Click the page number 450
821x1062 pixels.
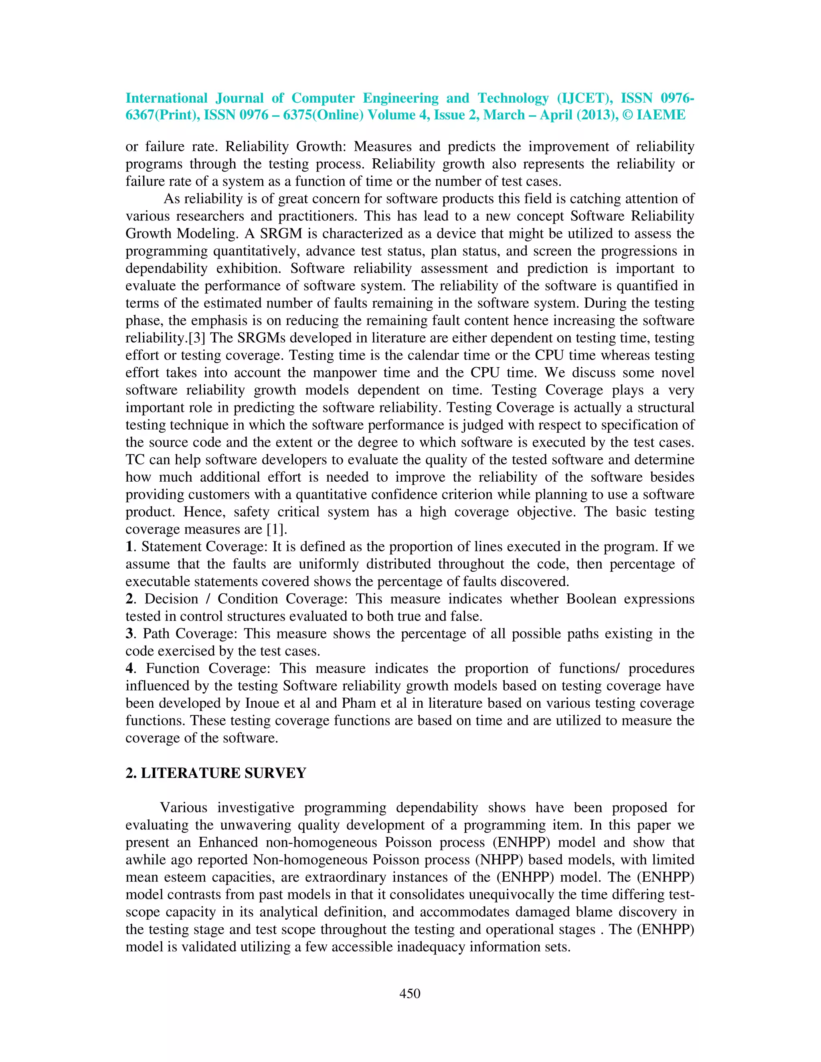[x=410, y=993]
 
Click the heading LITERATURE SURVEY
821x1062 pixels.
[x=223, y=773]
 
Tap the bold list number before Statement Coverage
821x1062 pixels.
[x=129, y=547]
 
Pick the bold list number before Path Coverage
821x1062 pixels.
[x=129, y=634]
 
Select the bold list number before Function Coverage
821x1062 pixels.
[x=129, y=668]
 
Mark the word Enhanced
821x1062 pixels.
[x=228, y=842]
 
